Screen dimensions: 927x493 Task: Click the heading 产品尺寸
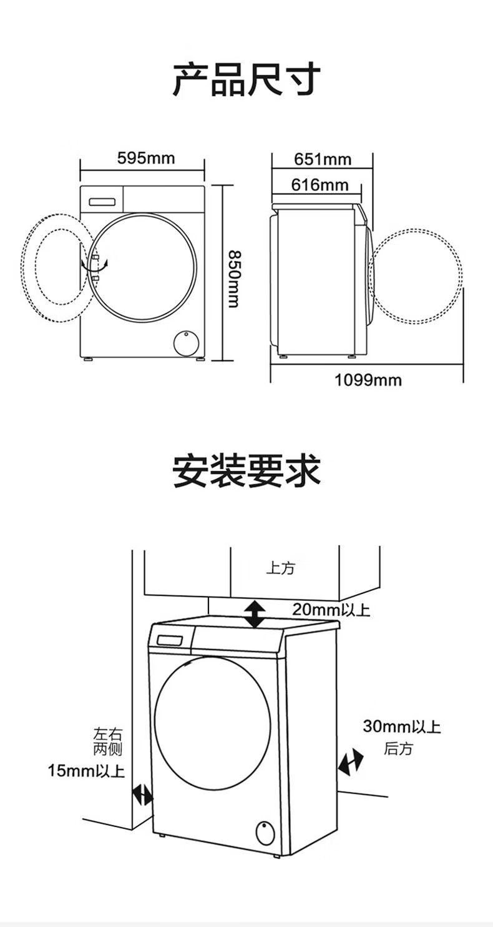point(246,79)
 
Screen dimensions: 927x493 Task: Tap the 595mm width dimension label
point(146,158)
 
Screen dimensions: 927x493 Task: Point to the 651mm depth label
point(323,159)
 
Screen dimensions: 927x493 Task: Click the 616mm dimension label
point(320,185)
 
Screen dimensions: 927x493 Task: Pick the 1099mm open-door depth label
point(368,380)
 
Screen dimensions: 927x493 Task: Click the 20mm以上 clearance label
point(331,610)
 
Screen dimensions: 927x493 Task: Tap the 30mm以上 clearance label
point(402,726)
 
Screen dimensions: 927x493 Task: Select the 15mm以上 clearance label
point(86,771)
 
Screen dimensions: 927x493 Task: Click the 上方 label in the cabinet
point(280,568)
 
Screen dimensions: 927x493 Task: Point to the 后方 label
point(398,748)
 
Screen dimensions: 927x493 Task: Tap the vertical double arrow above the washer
point(254,614)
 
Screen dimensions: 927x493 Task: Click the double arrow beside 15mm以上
point(143,795)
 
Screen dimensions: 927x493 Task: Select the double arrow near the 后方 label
point(351,763)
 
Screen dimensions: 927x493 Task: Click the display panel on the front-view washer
point(102,201)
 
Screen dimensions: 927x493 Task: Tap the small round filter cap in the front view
point(185,343)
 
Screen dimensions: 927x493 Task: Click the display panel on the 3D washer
point(170,640)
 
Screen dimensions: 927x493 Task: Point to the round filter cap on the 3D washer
point(265,831)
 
